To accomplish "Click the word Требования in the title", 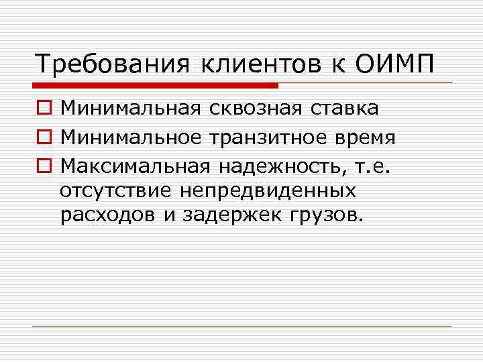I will (110, 65).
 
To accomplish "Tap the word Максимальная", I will (133, 164).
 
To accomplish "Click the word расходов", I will (103, 215).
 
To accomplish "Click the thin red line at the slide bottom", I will (241, 326).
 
